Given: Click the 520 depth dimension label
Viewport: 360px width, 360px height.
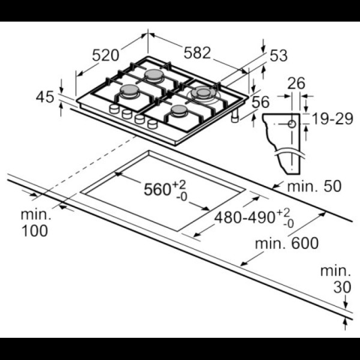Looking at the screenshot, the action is (x=106, y=55).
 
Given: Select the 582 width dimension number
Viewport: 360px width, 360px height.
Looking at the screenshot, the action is (x=197, y=53).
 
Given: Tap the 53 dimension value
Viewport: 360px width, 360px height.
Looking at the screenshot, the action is (x=278, y=56).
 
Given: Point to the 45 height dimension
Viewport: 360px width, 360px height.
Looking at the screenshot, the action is (x=45, y=97).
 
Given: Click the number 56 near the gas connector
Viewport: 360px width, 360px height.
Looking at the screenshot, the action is (x=260, y=102).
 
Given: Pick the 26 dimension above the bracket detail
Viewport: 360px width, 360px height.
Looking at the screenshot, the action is (x=296, y=83).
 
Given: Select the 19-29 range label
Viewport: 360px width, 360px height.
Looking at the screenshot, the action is (x=332, y=119).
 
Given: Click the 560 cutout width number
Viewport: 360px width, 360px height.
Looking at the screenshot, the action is (x=157, y=190).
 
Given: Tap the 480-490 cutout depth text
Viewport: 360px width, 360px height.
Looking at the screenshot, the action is (x=244, y=217).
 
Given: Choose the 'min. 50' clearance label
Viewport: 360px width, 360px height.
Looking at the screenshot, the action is (x=314, y=186).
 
